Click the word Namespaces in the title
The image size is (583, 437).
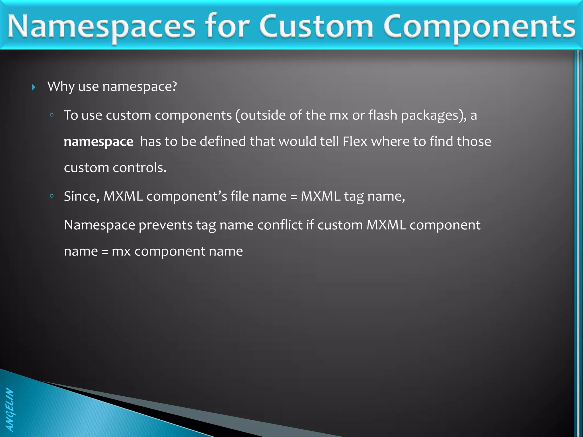tap(101, 27)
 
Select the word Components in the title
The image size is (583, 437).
tap(479, 27)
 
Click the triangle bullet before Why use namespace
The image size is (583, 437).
tap(34, 87)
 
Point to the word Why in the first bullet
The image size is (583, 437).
tap(61, 86)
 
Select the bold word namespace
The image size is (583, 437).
tap(98, 142)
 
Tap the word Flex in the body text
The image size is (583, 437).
tap(355, 141)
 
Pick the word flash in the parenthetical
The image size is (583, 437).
tap(383, 115)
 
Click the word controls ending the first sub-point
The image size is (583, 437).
tap(139, 168)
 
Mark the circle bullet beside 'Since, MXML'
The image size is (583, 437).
tap(52, 196)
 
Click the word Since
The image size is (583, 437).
tap(81, 196)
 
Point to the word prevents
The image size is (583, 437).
tap(165, 225)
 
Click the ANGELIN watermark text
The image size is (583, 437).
tap(10, 410)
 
